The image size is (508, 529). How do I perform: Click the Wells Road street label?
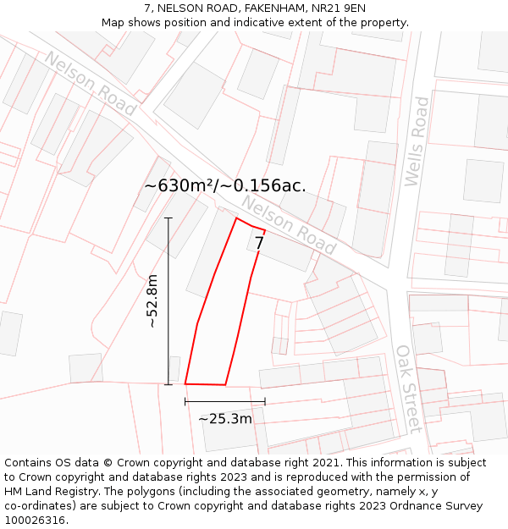(x=417, y=141)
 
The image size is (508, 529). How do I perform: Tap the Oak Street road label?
(x=409, y=388)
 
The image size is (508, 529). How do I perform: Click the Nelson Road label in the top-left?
(x=91, y=83)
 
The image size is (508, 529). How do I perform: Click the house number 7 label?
(x=259, y=243)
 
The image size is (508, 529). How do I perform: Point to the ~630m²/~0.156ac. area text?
(x=225, y=185)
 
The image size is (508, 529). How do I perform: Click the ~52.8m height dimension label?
(x=152, y=301)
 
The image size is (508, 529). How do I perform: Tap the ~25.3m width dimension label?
(x=225, y=418)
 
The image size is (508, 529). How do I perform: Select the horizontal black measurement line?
(x=225, y=401)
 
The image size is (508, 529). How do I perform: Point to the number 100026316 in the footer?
(x=36, y=521)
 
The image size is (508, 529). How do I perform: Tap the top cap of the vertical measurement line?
(x=168, y=218)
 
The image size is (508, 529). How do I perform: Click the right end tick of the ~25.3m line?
(x=265, y=401)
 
